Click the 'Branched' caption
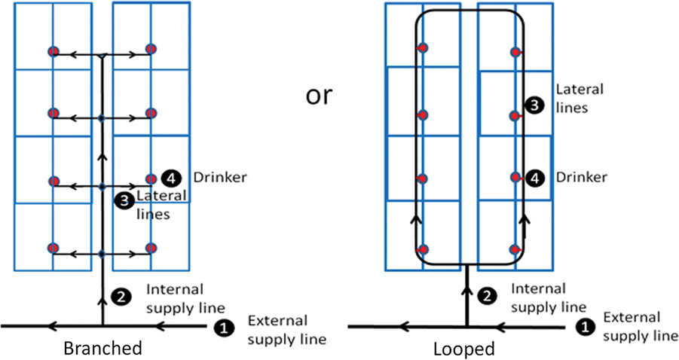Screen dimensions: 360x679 (x=102, y=349)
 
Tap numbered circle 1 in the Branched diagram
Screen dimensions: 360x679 (x=224, y=327)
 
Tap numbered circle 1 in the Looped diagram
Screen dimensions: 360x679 (x=583, y=327)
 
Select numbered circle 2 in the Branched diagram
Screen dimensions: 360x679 (x=119, y=297)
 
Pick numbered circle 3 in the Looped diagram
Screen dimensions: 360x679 (x=534, y=107)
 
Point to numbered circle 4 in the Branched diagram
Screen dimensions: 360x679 (x=173, y=178)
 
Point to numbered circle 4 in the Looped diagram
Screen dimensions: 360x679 (x=534, y=178)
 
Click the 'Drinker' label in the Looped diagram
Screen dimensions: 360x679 (x=581, y=178)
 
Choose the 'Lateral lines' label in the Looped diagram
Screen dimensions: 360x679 (x=580, y=98)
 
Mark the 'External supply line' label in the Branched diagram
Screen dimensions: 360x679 (x=286, y=329)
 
